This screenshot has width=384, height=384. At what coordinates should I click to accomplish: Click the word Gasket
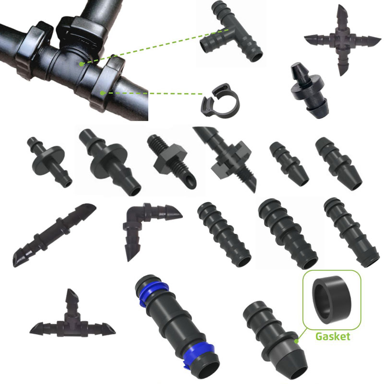pyautogui.click(x=333, y=336)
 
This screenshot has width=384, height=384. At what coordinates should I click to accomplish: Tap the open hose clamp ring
pyautogui.click(x=220, y=101)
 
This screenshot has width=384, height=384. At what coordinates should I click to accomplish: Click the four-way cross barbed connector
pyautogui.click(x=343, y=40)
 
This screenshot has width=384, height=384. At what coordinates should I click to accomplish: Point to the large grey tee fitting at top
pyautogui.click(x=231, y=32)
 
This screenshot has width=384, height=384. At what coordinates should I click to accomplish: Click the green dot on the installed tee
pyautogui.click(x=81, y=64)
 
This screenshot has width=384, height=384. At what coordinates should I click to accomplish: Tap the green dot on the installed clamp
pyautogui.click(x=102, y=93)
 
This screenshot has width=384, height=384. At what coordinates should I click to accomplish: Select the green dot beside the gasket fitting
pyautogui.click(x=297, y=341)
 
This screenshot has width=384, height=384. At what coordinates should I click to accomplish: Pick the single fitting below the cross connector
pyautogui.click(x=309, y=91)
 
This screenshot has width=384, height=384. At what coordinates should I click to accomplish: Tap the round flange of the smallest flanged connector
pyautogui.click(x=48, y=160)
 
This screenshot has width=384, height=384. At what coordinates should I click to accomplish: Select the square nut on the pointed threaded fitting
pyautogui.click(x=230, y=159)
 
